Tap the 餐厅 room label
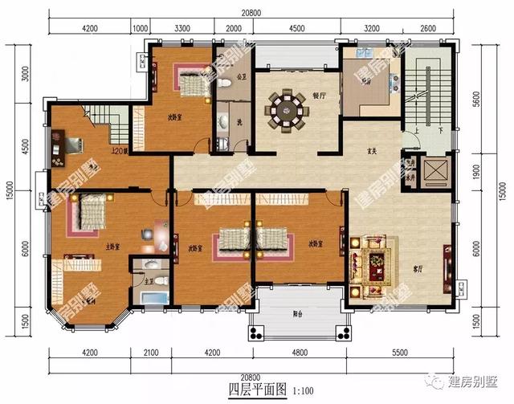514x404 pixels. [x=318, y=96]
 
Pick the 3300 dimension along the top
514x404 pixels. [x=182, y=29]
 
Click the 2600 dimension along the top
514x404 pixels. [x=427, y=29]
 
